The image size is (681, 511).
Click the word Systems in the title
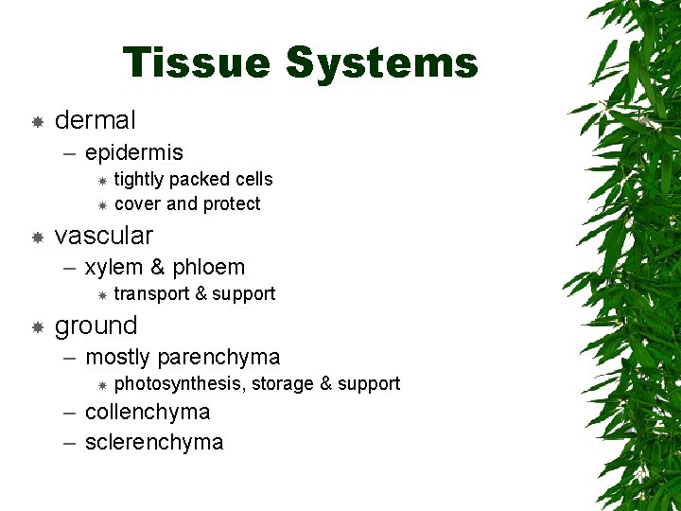381,63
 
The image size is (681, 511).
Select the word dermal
96,120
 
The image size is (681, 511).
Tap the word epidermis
134,152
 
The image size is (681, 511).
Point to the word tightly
139,180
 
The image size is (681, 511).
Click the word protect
232,204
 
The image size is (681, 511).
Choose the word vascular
104,235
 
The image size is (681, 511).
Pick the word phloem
207,268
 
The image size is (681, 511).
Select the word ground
96,326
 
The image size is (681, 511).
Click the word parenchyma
218,358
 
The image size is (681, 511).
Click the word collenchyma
148,413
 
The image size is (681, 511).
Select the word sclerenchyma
154,443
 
